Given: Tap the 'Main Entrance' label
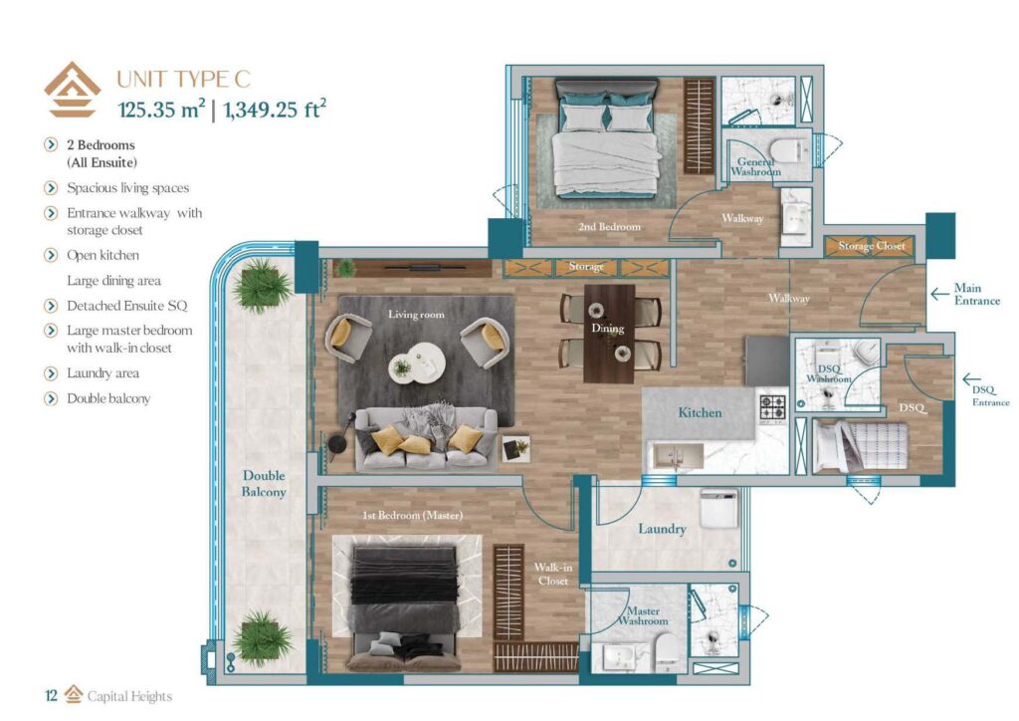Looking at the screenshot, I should coord(976,294).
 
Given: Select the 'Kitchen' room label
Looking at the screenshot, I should coord(700,412).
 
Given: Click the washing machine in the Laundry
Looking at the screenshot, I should coord(717,509).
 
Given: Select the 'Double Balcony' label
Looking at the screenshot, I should coord(264,484).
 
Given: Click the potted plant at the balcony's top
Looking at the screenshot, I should coord(262,287).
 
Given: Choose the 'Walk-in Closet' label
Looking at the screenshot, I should coord(552,574).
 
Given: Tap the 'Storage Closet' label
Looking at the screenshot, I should coord(871,246).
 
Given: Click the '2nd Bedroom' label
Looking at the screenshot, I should coord(609,227).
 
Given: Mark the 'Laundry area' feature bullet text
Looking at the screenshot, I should coord(102,373).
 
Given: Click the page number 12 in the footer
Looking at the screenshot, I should coord(51,696).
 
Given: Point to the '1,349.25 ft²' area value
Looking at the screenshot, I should coord(277,110).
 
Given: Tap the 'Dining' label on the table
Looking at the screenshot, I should coord(607,329).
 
